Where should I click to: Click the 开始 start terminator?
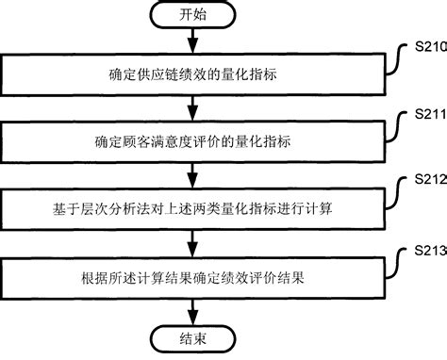coord(191,16)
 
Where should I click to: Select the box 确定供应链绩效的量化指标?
coord(191,74)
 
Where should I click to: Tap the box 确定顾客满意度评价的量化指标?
coord(191,142)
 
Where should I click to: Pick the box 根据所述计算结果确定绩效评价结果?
coord(191,279)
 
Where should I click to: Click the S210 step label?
coord(429,43)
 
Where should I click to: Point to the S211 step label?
coord(429,112)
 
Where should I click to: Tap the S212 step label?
coord(429,180)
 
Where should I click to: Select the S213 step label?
coord(429,249)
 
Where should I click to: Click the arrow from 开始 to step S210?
coord(191,41)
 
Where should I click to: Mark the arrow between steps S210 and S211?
coord(191,107)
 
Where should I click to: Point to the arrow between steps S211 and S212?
coord(191,176)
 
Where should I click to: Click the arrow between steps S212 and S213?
coord(191,245)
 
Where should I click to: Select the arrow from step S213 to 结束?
coord(191,311)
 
